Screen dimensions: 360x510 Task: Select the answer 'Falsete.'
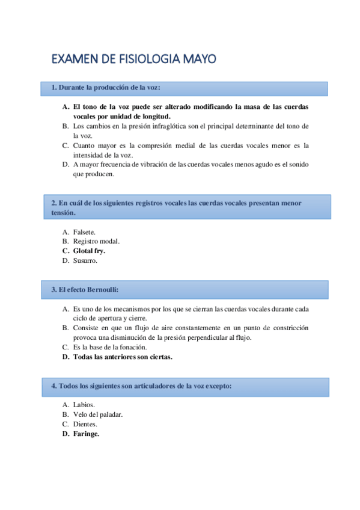(84, 232)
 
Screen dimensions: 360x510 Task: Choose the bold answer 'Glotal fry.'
(89, 251)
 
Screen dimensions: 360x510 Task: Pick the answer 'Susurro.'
(85, 260)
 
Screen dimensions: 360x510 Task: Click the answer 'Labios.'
(84, 405)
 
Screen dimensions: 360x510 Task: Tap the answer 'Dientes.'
(85, 424)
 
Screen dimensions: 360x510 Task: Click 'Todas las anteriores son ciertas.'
(123, 357)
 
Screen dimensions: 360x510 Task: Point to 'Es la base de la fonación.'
(109, 347)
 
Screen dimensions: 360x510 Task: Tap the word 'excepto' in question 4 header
(218, 386)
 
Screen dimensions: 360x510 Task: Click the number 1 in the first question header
(53, 88)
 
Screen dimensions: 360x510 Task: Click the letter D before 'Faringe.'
(66, 434)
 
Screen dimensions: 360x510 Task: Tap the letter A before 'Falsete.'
(66, 232)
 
